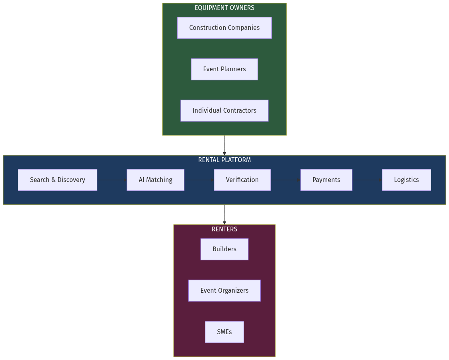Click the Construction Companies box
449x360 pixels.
(224, 28)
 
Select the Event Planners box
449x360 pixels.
(224, 69)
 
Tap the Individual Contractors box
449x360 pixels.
(224, 111)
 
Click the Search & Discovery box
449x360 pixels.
(57, 180)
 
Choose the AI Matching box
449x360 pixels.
(155, 180)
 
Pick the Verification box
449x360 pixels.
(242, 180)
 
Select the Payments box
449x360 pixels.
(326, 180)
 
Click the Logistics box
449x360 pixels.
(406, 180)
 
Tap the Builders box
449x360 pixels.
(224, 249)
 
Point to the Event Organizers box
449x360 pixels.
(224, 291)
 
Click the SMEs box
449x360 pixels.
(224, 332)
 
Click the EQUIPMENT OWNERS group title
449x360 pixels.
(224, 8)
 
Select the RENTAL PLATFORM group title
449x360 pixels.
(224, 160)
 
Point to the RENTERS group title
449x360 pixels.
(224, 229)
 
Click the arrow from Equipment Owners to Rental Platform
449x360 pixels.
(224, 145)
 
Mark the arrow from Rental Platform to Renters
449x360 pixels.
(224, 215)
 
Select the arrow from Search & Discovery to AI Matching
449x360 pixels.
(112, 180)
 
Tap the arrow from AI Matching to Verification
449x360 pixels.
(199, 180)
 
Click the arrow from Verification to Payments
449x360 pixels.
(285, 180)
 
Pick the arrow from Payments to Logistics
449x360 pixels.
(367, 180)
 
